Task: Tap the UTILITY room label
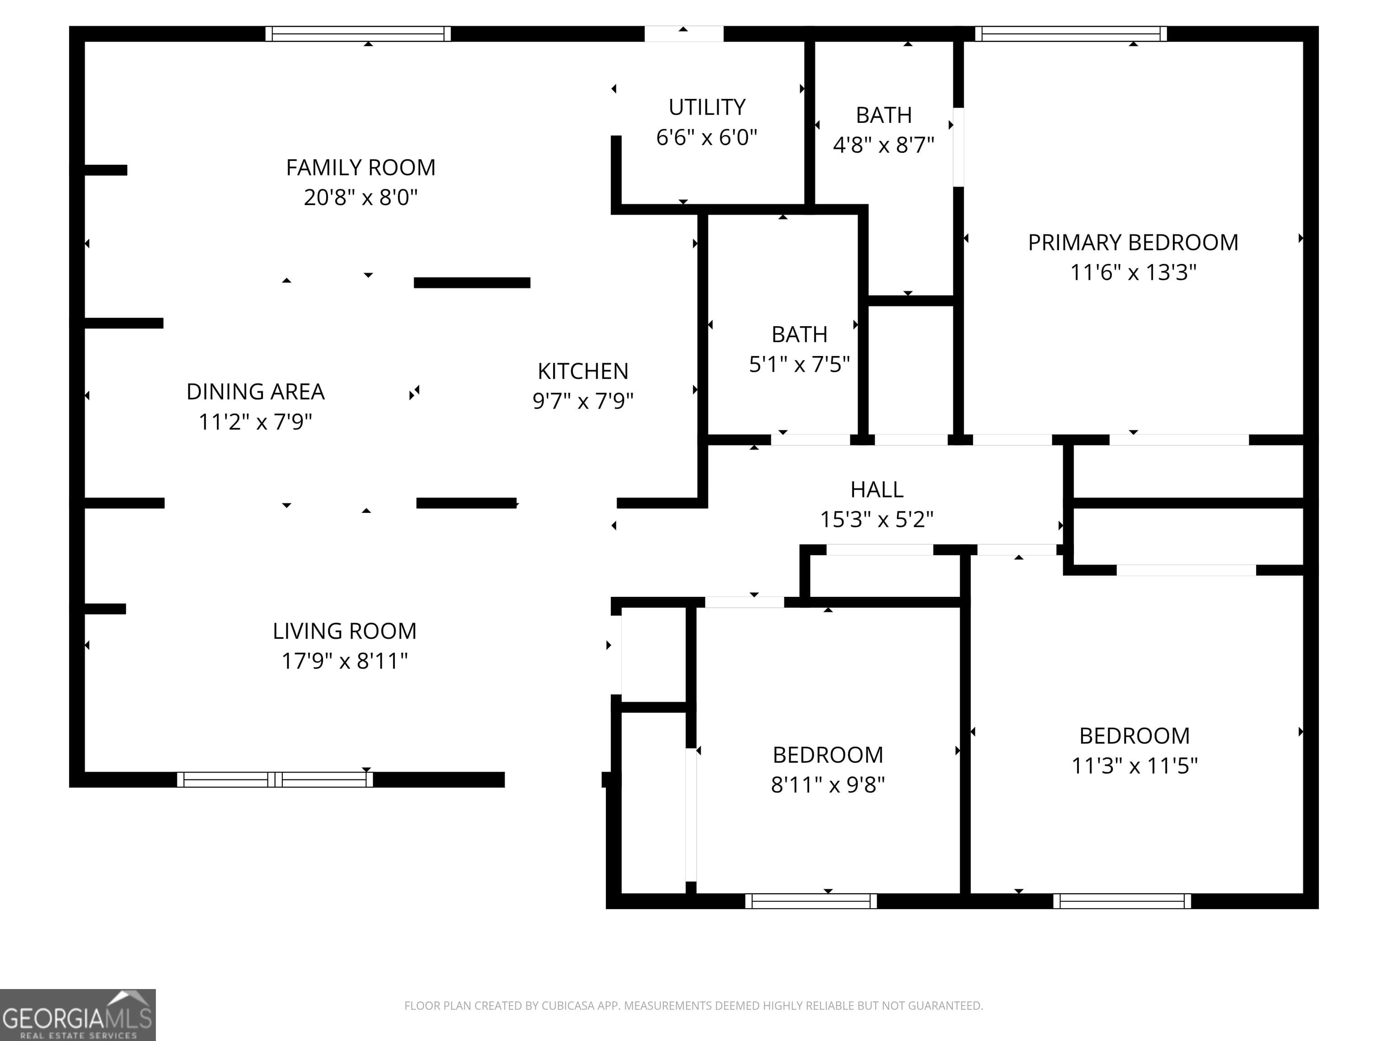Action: [707, 107]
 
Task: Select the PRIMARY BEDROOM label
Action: [1133, 242]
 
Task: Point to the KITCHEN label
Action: [583, 371]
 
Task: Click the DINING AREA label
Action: [255, 392]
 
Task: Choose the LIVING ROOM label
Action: [344, 631]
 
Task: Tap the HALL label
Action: [877, 489]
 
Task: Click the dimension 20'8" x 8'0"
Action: [361, 197]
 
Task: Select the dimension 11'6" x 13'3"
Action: [1133, 272]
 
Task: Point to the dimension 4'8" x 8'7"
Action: [883, 145]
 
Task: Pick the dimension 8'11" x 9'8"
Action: [828, 785]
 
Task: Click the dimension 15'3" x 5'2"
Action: [877, 520]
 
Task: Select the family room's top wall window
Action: [358, 34]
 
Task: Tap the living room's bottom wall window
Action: [275, 779]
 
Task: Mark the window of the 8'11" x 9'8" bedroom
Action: [811, 901]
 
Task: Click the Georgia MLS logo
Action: [78, 1015]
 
